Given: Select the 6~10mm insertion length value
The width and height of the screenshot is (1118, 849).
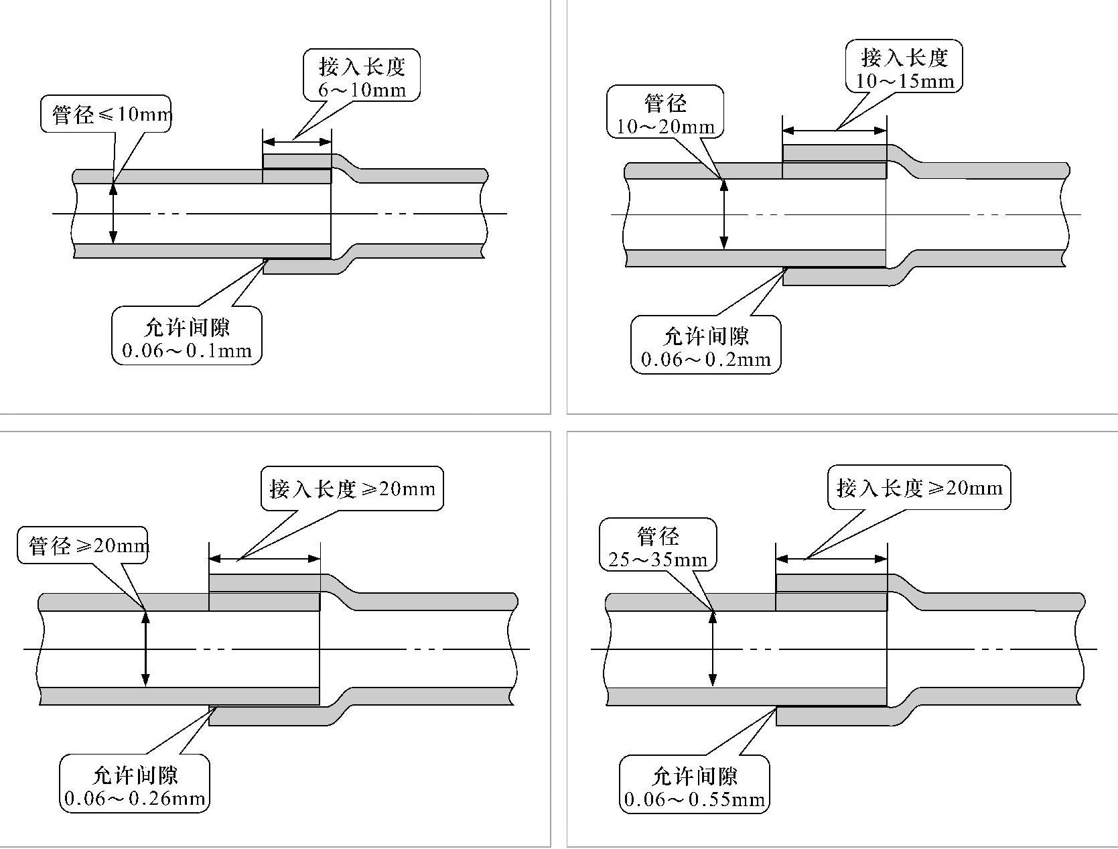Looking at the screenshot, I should tap(362, 89).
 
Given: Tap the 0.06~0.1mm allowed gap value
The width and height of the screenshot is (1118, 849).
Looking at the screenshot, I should tap(187, 350).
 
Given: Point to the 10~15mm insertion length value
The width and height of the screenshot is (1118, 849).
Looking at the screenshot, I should tap(904, 81).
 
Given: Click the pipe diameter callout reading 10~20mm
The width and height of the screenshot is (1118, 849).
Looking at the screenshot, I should tap(665, 127).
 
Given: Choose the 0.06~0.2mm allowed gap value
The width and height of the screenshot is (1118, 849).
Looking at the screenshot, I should tap(706, 360).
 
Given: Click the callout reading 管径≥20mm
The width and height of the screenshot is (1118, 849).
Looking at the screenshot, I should tap(83, 545).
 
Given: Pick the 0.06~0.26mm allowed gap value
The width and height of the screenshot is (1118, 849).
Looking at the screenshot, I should tap(135, 798).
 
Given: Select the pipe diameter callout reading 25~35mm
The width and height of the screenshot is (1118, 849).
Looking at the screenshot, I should tap(658, 560).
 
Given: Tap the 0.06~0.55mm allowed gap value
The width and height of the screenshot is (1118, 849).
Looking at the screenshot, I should tap(695, 799).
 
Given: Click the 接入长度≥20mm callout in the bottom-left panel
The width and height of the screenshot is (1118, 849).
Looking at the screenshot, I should tap(352, 488).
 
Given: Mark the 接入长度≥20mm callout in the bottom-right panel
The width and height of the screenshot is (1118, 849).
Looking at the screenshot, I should tap(919, 487).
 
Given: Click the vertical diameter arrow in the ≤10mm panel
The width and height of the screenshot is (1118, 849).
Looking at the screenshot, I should tap(113, 213).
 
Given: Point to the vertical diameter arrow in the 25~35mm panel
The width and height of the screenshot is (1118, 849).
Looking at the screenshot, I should tap(713, 649).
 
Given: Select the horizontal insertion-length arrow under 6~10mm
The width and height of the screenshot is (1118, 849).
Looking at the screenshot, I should tap(297, 141).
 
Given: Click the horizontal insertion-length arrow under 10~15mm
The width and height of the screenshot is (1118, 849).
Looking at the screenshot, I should tap(835, 131).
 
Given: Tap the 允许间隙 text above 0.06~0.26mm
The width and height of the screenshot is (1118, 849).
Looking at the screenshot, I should tap(135, 775).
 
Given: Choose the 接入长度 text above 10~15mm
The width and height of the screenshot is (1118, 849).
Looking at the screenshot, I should tap(904, 58).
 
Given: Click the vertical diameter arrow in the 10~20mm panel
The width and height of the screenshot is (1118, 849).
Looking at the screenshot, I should tap(723, 214).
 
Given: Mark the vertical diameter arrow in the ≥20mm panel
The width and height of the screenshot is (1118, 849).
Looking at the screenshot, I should tap(145, 649).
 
